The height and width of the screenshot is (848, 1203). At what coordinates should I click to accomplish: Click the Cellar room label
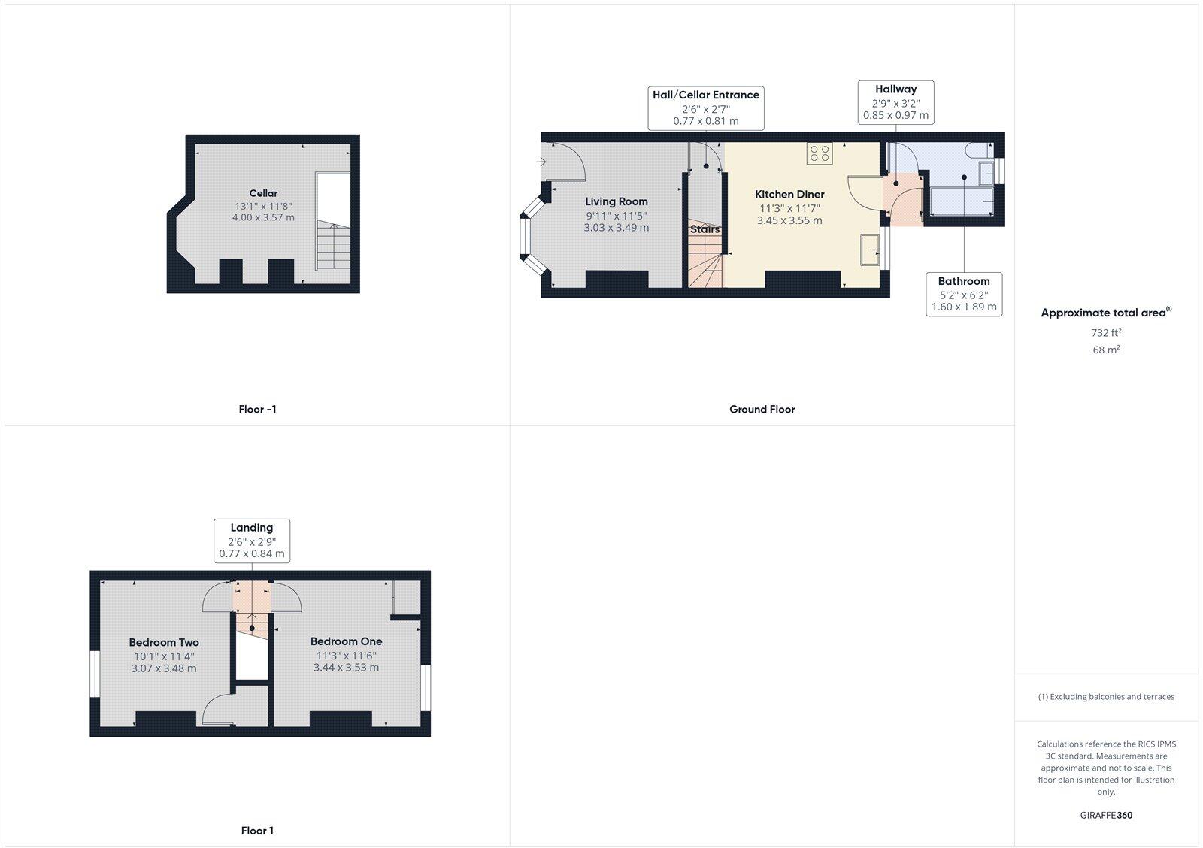(x=263, y=193)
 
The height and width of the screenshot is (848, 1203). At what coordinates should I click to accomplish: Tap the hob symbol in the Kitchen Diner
(x=820, y=153)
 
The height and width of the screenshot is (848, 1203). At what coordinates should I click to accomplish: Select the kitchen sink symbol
(x=871, y=249)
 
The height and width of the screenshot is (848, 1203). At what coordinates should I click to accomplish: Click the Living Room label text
(x=617, y=201)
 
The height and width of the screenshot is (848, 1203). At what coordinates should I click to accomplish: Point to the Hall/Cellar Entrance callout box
(x=706, y=108)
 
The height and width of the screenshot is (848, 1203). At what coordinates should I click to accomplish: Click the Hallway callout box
(x=895, y=102)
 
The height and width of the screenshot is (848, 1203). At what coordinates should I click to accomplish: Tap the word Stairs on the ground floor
(x=705, y=229)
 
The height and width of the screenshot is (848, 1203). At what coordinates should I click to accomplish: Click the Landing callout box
(x=252, y=540)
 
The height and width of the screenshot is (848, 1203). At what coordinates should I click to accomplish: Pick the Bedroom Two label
(x=164, y=642)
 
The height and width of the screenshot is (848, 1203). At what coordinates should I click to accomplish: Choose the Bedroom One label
(x=346, y=641)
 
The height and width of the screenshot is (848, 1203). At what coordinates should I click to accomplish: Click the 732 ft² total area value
(x=1106, y=332)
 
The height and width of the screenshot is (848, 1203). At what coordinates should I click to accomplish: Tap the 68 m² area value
(x=1106, y=350)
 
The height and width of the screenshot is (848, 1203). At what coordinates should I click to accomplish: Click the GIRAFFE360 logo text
(x=1106, y=815)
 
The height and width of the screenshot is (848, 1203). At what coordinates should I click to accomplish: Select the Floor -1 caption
(x=257, y=410)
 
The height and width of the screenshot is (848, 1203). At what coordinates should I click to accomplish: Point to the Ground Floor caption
(x=762, y=410)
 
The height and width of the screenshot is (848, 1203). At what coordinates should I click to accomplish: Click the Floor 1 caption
(x=257, y=831)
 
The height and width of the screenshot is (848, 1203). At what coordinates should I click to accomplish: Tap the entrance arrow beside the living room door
(x=541, y=162)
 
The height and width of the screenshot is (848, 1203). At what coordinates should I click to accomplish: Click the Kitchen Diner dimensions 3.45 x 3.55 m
(x=789, y=220)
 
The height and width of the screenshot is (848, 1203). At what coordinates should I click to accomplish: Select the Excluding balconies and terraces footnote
(x=1106, y=697)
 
